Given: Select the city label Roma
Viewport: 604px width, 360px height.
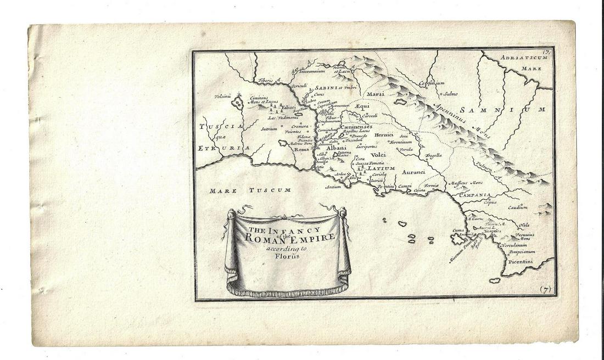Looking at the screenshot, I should (302, 149).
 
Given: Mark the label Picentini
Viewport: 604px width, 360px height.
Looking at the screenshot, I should (520, 262).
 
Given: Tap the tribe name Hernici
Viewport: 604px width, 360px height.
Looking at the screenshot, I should (384, 134).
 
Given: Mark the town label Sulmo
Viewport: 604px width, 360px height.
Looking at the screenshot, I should (451, 94).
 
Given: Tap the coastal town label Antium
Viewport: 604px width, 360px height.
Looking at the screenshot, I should (333, 187).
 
